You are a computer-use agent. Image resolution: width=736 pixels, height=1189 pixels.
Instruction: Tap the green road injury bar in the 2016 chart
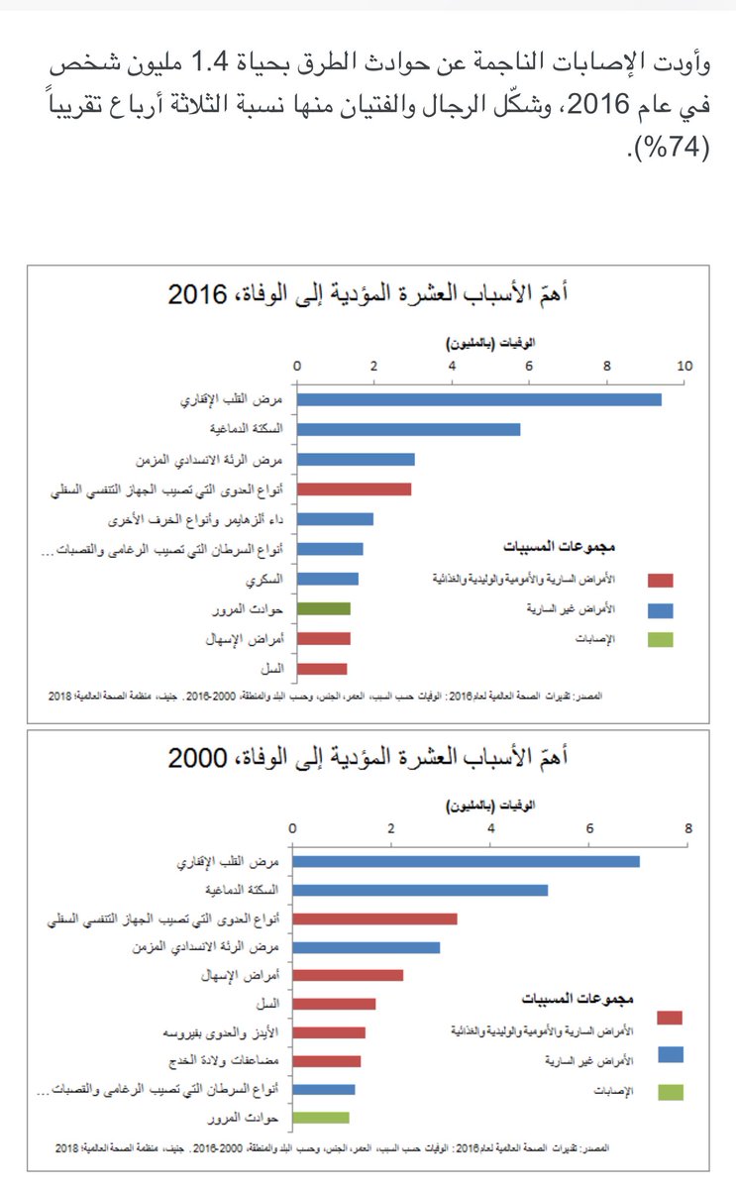click(x=323, y=609)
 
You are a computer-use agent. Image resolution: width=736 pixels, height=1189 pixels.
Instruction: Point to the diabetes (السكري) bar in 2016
click(x=327, y=579)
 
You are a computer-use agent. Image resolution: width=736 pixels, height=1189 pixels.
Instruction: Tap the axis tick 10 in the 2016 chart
click(x=683, y=367)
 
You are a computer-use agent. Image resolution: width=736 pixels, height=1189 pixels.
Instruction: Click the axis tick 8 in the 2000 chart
click(x=687, y=828)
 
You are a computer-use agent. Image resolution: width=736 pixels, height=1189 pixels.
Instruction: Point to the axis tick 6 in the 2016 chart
click(x=529, y=367)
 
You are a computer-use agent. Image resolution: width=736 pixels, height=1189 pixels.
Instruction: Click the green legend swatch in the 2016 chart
click(x=660, y=640)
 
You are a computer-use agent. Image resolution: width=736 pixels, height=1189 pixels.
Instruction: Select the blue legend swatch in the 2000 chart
click(x=670, y=1055)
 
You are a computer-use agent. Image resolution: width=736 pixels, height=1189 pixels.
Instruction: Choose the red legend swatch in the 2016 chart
click(x=660, y=581)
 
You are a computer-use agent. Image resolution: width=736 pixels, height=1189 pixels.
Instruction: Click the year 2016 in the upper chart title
click(x=199, y=294)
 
